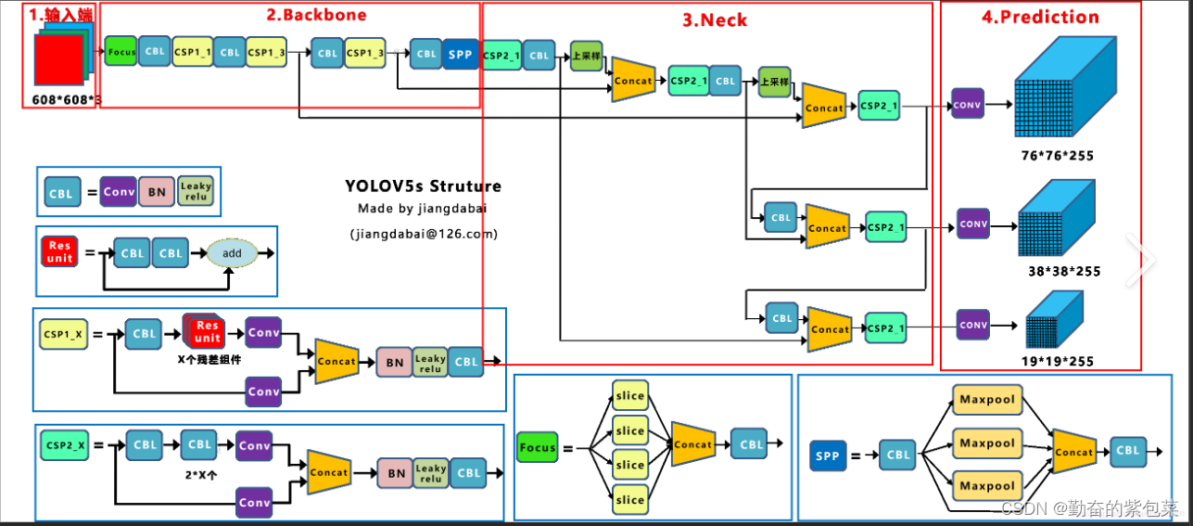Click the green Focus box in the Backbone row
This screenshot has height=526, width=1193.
[121, 52]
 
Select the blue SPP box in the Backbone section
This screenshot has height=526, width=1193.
[461, 54]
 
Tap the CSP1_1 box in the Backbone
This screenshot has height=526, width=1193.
[193, 53]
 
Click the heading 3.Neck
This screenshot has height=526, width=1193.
[716, 19]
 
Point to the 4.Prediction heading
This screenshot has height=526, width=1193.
[1040, 17]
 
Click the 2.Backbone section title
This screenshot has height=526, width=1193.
[316, 15]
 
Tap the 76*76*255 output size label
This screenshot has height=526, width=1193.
[1056, 156]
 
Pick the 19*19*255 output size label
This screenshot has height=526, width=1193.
[1057, 362]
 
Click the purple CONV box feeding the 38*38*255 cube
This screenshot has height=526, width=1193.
[973, 224]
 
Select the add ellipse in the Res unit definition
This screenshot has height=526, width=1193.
[232, 252]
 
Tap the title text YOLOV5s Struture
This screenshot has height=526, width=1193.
[423, 186]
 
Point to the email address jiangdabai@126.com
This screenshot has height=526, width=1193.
[424, 234]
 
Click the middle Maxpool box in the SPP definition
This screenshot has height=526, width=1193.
[986, 443]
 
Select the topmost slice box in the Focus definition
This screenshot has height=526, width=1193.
[629, 396]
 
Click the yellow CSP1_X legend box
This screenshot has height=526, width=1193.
[64, 333]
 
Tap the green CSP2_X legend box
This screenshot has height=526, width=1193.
[64, 445]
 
